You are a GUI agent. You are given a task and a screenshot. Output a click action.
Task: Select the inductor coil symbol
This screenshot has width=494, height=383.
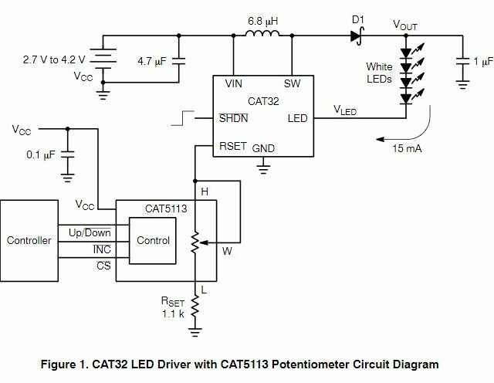click(x=263, y=34)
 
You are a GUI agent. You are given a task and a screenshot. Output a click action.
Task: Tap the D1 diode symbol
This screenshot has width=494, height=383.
click(x=356, y=35)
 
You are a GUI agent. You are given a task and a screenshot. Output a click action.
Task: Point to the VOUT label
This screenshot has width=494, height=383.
click(x=404, y=25)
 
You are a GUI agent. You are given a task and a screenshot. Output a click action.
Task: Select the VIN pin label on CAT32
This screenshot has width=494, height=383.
click(x=233, y=82)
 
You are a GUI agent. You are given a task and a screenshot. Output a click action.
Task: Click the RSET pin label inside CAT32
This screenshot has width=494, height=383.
click(x=234, y=145)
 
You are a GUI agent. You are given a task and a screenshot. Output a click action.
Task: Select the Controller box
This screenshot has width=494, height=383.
click(x=29, y=240)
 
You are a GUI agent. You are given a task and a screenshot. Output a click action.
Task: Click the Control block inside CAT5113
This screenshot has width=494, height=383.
click(x=153, y=240)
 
